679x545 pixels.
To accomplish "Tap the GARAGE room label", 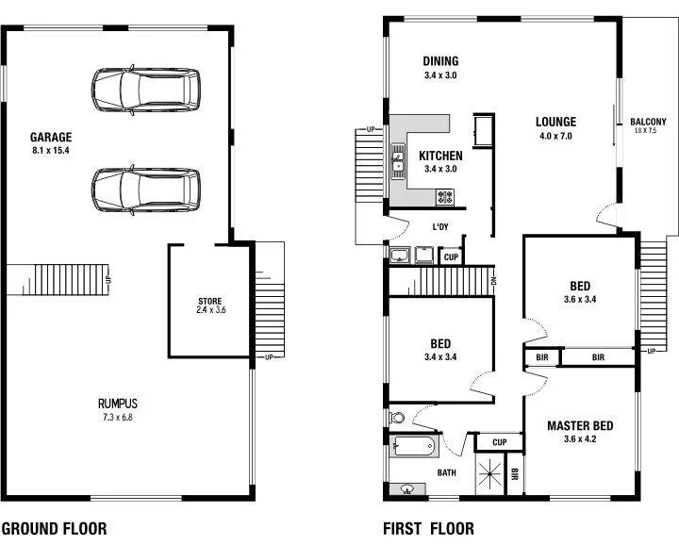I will click(x=51, y=137).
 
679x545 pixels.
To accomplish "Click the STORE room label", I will click(x=209, y=302).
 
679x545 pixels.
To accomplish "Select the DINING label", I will click(x=440, y=62).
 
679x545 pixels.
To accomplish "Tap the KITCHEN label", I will click(x=440, y=156).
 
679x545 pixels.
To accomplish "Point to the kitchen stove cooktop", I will click(x=445, y=196).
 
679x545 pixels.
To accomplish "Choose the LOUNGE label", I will click(x=555, y=122).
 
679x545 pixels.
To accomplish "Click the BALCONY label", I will click(x=648, y=122).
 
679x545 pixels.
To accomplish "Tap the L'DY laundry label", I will click(x=439, y=227).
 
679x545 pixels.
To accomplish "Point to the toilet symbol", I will click(x=396, y=417).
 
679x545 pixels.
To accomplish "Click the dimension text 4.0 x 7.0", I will click(x=555, y=136).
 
